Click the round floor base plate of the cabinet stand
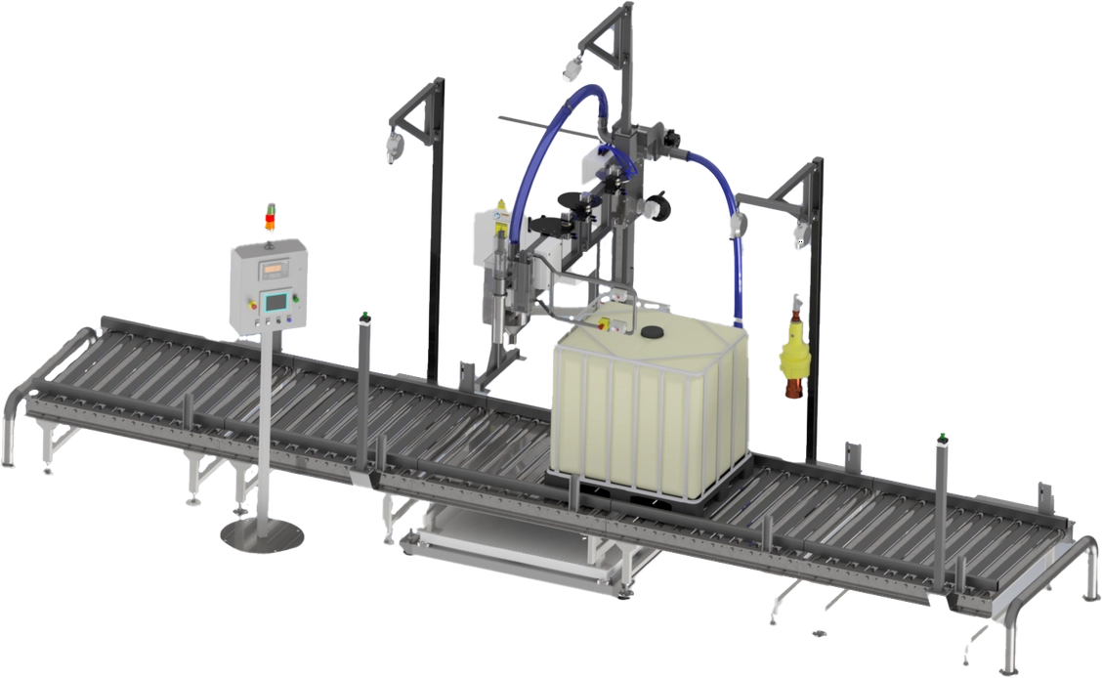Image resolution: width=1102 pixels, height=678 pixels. pos(260,534)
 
